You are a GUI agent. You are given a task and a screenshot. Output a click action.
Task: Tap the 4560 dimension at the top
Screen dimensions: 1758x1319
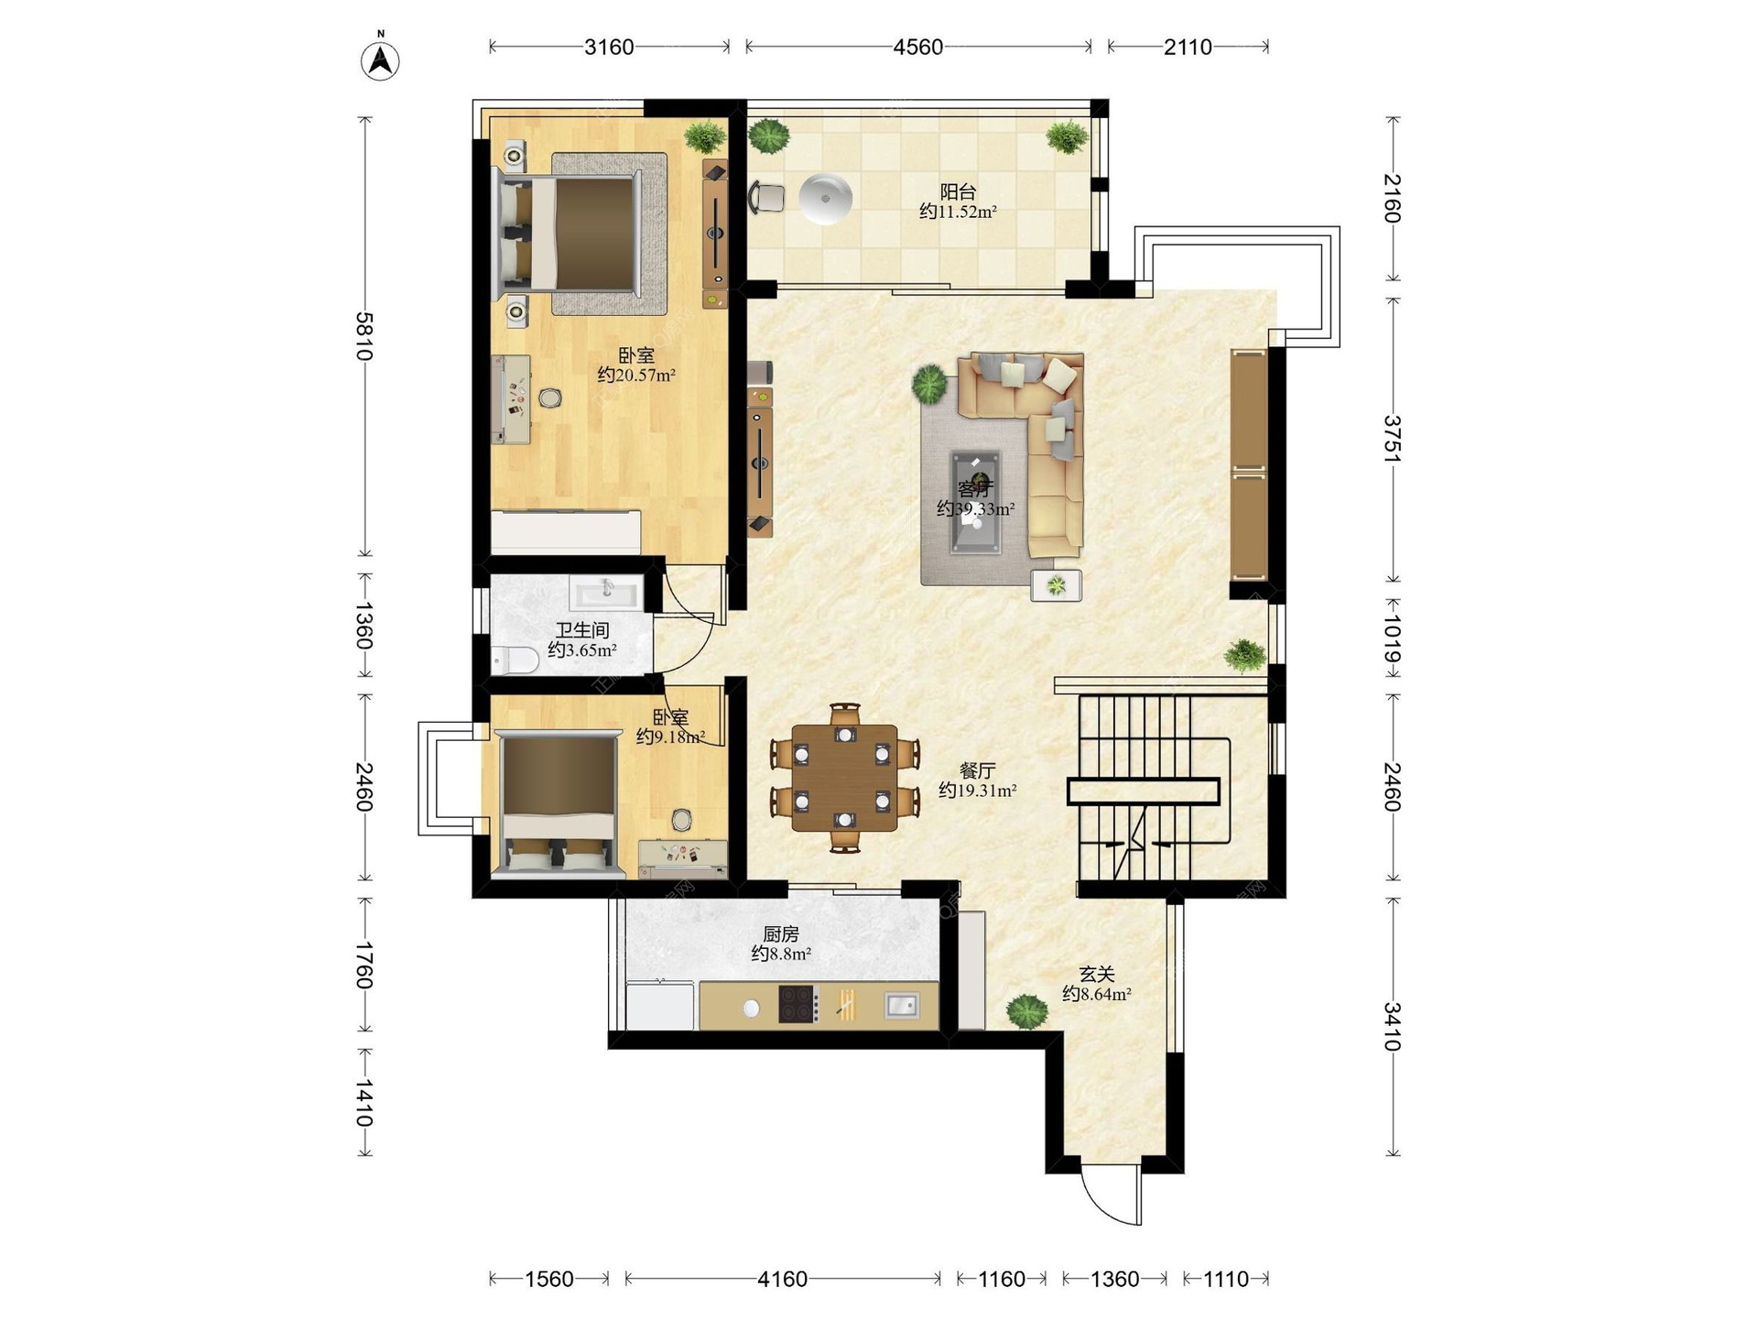pyautogui.click(x=917, y=47)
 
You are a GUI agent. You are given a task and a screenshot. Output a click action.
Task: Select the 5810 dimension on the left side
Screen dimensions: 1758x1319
pyautogui.click(x=364, y=336)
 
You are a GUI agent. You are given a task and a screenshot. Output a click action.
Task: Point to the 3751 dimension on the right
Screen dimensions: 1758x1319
pyautogui.click(x=1392, y=439)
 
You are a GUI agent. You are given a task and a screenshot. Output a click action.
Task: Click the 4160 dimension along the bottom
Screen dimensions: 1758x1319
pyautogui.click(x=782, y=1279)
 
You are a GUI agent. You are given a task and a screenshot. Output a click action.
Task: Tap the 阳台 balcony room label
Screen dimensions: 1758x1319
pyautogui.click(x=958, y=191)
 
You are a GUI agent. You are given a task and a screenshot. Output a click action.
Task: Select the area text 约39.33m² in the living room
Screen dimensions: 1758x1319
pyautogui.click(x=975, y=508)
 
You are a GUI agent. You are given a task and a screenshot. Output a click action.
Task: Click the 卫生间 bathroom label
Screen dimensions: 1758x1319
pyautogui.click(x=582, y=630)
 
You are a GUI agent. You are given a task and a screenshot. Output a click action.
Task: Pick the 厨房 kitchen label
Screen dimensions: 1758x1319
pyautogui.click(x=781, y=934)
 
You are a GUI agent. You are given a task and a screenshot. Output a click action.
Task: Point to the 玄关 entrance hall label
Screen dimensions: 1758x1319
pyautogui.click(x=1096, y=975)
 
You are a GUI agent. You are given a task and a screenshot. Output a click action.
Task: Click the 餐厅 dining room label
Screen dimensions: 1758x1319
pyautogui.click(x=977, y=770)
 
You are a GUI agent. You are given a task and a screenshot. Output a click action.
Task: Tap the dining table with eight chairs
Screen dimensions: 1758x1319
pyautogui.click(x=844, y=778)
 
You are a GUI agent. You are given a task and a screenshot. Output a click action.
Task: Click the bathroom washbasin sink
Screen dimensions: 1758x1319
pyautogui.click(x=606, y=592)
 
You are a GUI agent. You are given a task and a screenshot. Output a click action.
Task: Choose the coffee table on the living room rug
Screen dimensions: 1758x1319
pyautogui.click(x=975, y=502)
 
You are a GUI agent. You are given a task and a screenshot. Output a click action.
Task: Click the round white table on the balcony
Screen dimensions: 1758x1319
pyautogui.click(x=826, y=198)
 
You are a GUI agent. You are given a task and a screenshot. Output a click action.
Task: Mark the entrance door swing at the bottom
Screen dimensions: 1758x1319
pyautogui.click(x=1111, y=1198)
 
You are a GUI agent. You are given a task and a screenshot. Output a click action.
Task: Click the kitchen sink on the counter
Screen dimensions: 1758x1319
pyautogui.click(x=902, y=1006)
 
